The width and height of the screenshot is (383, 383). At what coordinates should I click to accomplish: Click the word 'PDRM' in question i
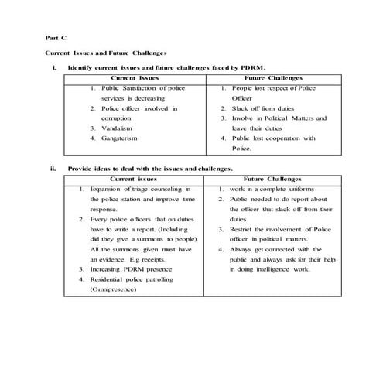pos(251,68)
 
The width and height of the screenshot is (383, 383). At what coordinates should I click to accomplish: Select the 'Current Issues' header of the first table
pos(136,78)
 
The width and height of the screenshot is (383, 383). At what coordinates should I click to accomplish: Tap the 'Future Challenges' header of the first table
pos(273,78)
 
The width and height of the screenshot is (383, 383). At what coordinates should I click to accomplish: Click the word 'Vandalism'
pos(118,128)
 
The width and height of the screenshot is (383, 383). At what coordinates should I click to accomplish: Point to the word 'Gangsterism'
pos(121,138)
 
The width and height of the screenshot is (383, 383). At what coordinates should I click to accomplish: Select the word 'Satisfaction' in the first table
pos(139,88)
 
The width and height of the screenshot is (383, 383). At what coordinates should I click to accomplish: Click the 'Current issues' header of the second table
pos(136,178)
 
